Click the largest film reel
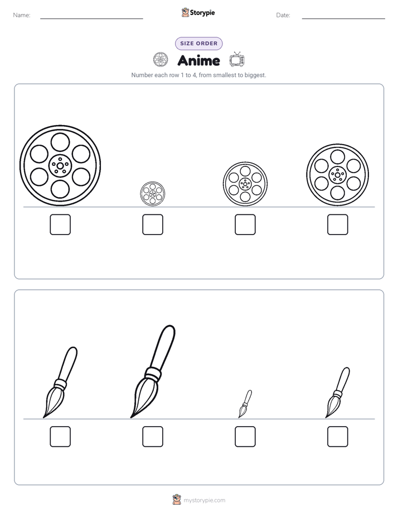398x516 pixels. (60, 165)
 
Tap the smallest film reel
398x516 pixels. (153, 194)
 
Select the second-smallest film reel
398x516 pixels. (245, 184)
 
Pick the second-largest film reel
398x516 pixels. (338, 175)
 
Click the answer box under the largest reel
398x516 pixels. (60, 224)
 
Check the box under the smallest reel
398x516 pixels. (153, 224)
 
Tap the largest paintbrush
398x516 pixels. (153, 371)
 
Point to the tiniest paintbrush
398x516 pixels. (245, 404)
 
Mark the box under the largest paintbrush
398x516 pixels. (153, 437)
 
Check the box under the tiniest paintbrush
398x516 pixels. (245, 437)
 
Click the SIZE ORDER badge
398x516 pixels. (198, 44)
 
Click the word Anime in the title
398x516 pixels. (198, 60)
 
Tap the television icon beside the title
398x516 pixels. (237, 60)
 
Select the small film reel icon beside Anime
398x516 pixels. (161, 60)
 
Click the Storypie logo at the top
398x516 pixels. (198, 13)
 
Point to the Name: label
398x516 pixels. (22, 15)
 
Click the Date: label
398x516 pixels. (283, 15)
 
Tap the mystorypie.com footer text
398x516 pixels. (204, 500)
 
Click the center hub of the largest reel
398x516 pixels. (60, 165)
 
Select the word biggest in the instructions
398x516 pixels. (255, 75)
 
